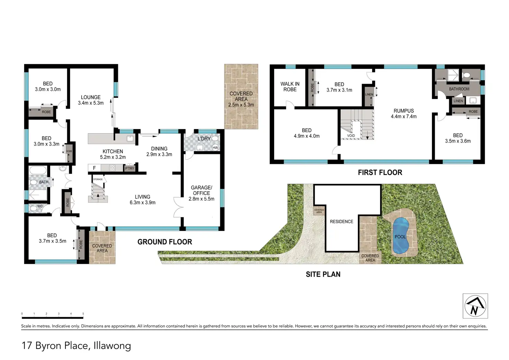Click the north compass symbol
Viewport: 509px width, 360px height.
tap(475, 306)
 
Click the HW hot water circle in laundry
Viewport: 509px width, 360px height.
tap(215, 148)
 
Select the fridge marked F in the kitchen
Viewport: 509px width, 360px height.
tap(94, 168)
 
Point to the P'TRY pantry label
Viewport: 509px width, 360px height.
tap(130, 168)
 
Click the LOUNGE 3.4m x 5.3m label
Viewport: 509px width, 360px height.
tap(91, 100)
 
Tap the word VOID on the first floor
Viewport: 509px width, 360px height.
tap(351, 136)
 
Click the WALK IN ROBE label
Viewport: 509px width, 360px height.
tap(290, 87)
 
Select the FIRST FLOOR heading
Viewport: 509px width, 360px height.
tap(380, 173)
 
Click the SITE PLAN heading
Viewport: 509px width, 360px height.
tap(323, 274)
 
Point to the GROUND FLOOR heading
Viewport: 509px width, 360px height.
tap(165, 242)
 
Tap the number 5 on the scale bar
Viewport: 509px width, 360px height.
tap(83, 314)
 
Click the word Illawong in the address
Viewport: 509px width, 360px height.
tap(112, 346)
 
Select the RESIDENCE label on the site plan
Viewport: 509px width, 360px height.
tap(342, 222)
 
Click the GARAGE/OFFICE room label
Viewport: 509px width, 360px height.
tap(202, 193)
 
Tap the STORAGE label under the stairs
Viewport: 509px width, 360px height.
tap(98, 179)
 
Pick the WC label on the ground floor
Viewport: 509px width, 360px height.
tap(40, 206)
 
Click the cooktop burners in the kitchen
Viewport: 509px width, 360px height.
tap(112, 168)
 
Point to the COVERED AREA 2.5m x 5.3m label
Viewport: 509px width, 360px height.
tap(241, 99)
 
